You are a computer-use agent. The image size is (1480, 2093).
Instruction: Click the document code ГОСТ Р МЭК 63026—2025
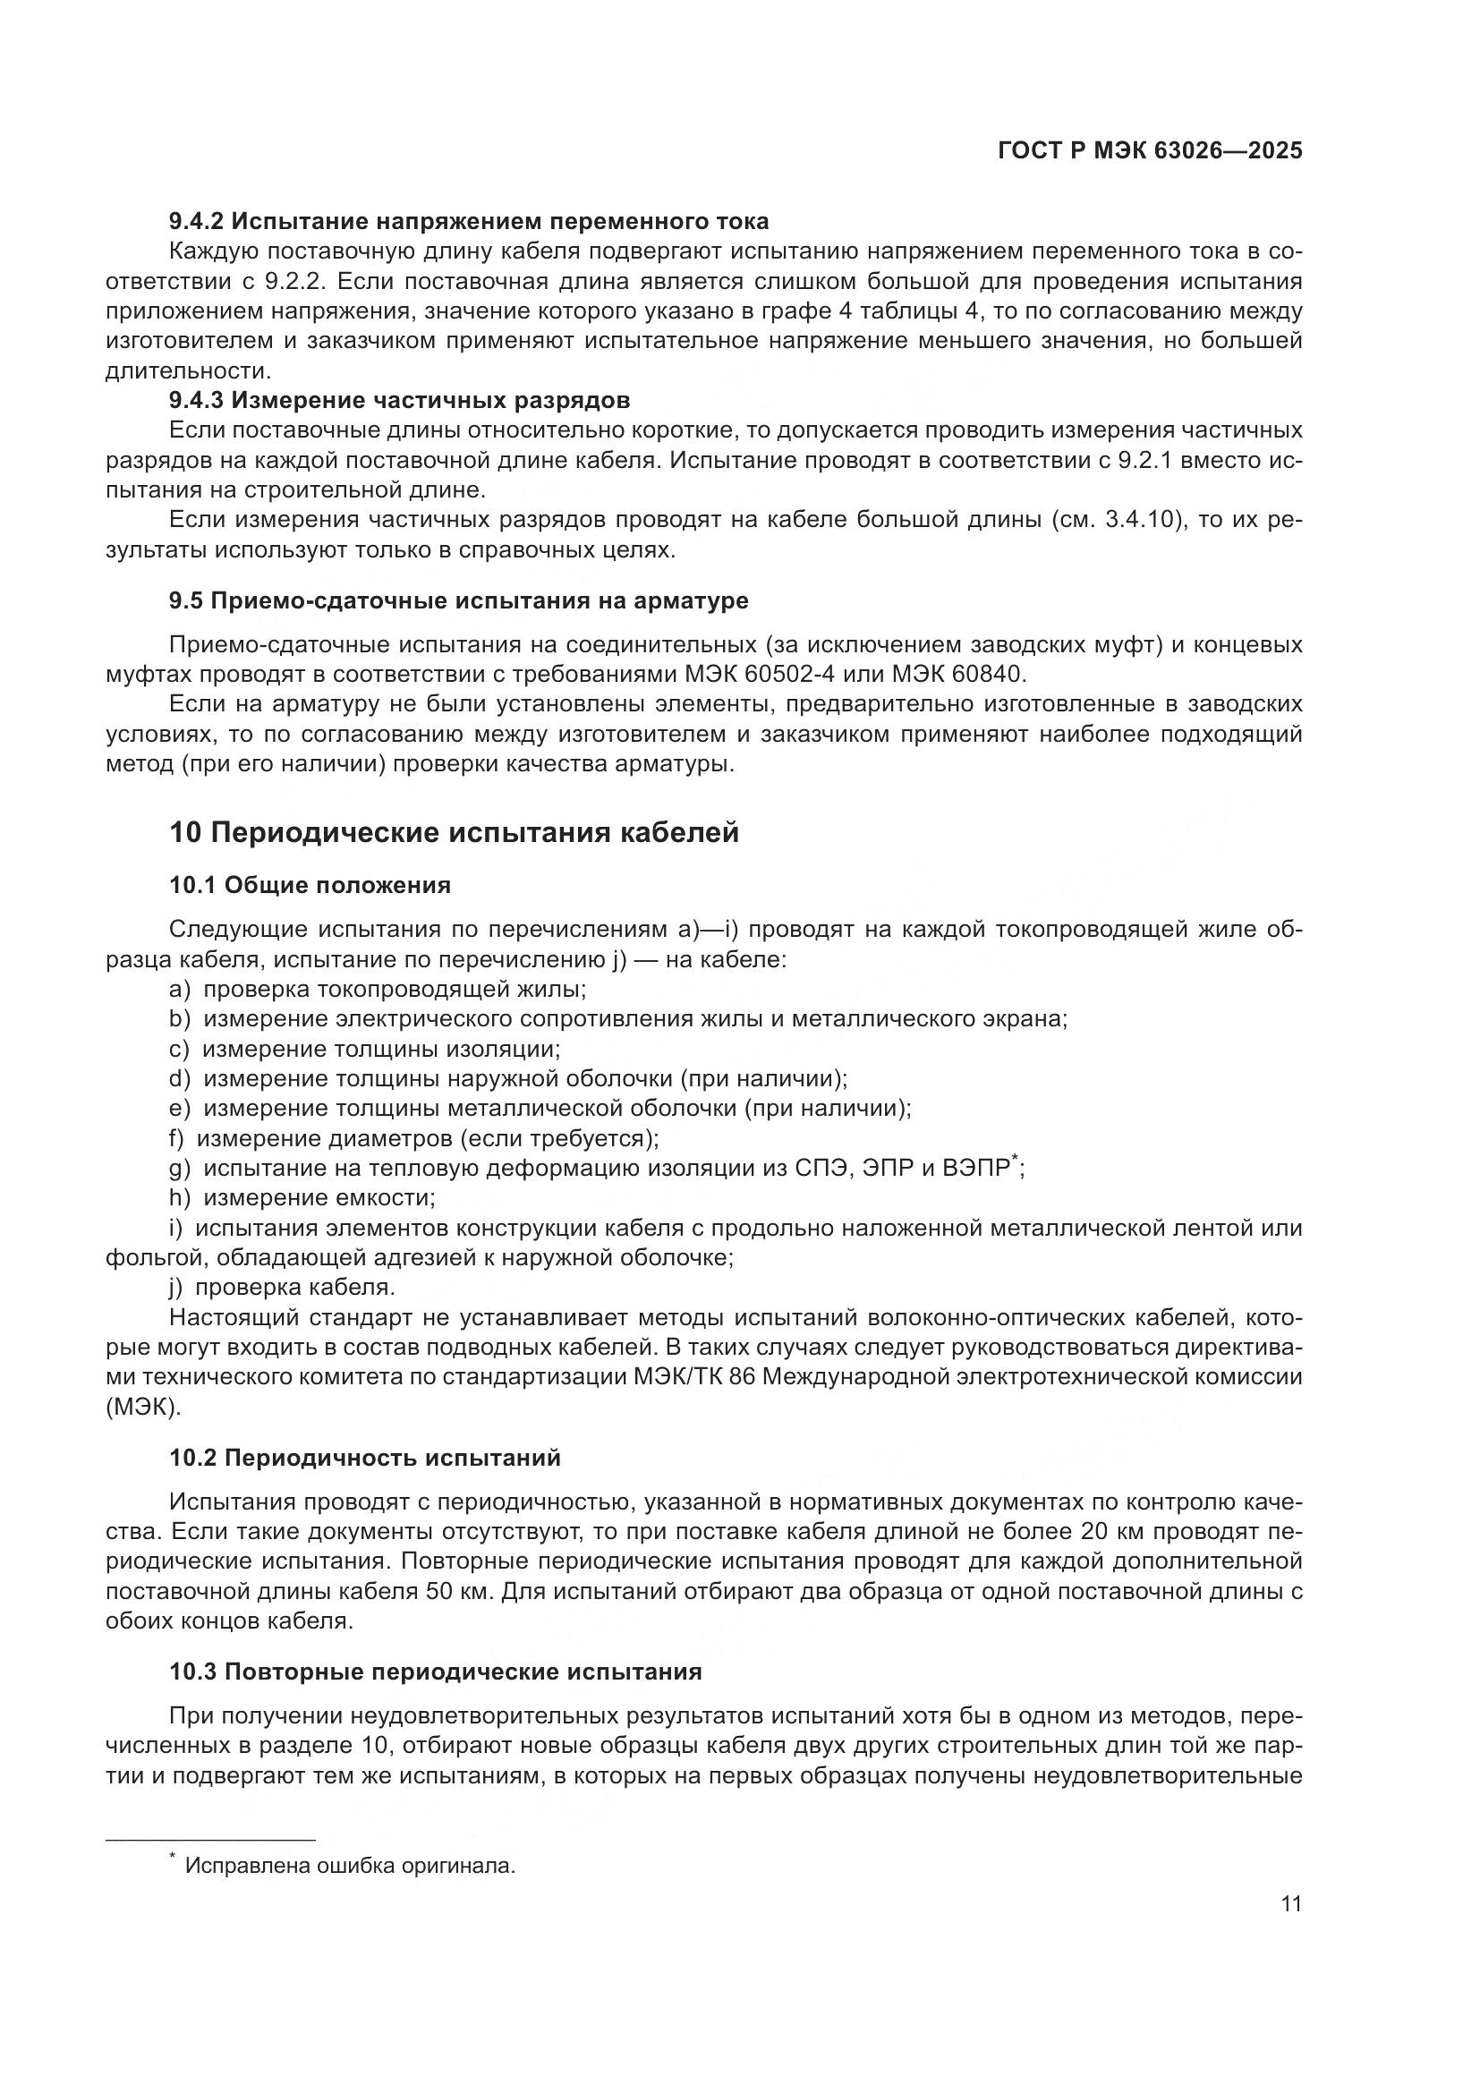point(1150,151)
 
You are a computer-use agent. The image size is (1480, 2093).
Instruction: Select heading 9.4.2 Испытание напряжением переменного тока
point(468,222)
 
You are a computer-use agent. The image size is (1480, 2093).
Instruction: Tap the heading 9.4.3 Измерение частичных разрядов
point(399,400)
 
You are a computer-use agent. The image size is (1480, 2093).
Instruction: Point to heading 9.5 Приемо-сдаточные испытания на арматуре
point(458,600)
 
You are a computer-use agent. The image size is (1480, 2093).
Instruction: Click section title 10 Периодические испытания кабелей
point(453,832)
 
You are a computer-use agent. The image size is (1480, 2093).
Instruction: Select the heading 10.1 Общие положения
point(310,885)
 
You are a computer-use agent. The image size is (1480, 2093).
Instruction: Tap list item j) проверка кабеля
point(282,1288)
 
